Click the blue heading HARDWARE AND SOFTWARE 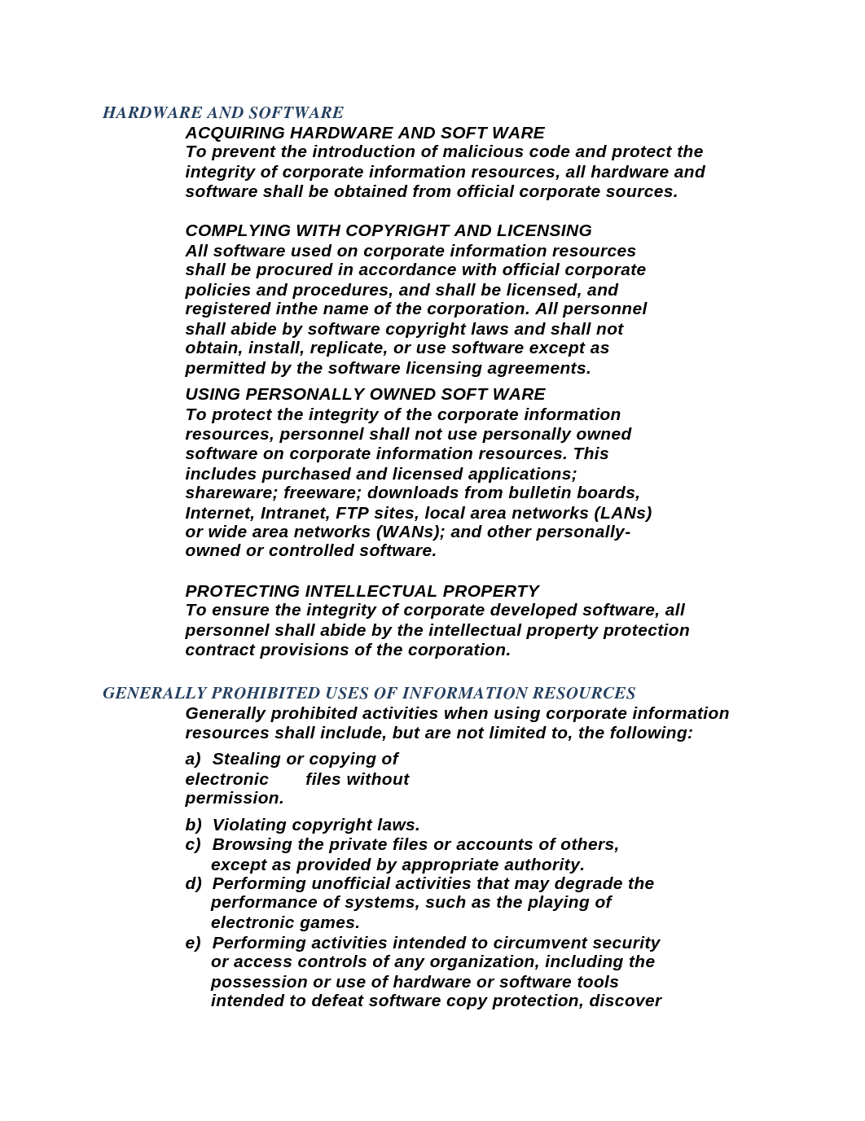[x=222, y=112]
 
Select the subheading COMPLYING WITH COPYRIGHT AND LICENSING [x=388, y=230]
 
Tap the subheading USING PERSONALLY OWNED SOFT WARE [x=365, y=394]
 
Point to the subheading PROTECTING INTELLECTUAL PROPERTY [x=362, y=591]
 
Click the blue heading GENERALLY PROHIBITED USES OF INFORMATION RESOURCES [x=368, y=693]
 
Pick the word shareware [x=231, y=493]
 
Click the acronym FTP [x=351, y=513]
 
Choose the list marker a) [x=193, y=759]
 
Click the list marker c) [x=193, y=844]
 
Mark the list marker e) [x=193, y=943]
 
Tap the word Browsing [x=248, y=844]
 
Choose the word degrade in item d [x=592, y=883]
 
